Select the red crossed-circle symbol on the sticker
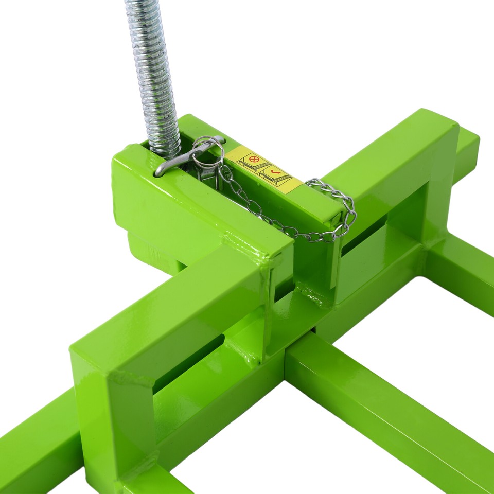click(253, 160)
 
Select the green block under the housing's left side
click(154, 252)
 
